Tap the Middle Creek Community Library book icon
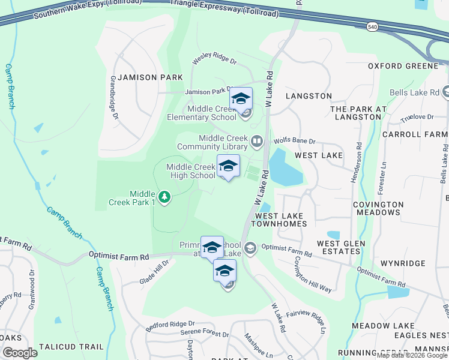(257, 142)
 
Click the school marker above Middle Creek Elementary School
(241, 99)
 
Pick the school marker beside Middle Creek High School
(228, 166)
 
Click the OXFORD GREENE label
(403, 65)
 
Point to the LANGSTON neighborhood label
(309, 96)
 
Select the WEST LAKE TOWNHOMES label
(281, 220)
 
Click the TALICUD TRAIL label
(71, 347)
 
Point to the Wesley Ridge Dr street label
(214, 61)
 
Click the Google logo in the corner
(20, 352)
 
